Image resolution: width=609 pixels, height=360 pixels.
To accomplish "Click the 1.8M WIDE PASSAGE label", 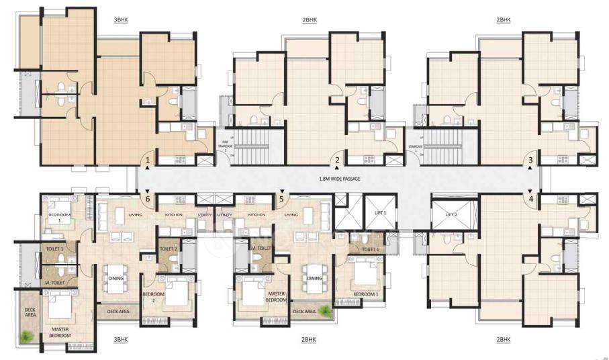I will point(344,180).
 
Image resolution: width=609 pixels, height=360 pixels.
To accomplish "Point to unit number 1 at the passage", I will point(147,161).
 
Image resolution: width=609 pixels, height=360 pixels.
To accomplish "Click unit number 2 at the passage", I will point(338,161).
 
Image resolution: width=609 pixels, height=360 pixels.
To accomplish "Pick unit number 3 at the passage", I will point(531,160).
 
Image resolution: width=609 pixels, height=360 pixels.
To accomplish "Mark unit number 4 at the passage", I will point(531,198).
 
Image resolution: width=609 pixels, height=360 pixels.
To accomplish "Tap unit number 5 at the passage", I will point(281,199).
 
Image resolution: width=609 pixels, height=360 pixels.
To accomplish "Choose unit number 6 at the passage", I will point(147,199).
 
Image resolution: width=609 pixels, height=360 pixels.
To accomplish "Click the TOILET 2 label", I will point(169,249).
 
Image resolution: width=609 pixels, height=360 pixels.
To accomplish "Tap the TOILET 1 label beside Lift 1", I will point(370,249).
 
